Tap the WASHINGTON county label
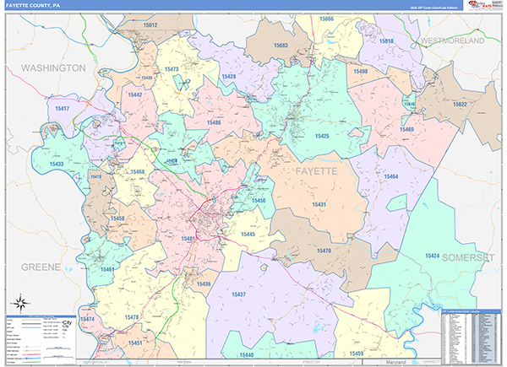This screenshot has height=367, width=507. [x=53, y=67]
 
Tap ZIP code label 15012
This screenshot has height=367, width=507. [x=150, y=25]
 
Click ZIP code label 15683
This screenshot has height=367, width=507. [x=281, y=45]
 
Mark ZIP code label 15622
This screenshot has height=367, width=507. [x=459, y=104]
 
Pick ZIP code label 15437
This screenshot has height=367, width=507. [x=237, y=294]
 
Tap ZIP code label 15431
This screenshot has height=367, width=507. [x=319, y=205]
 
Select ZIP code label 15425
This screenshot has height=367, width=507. [x=322, y=135]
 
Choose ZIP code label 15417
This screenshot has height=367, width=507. [x=62, y=109]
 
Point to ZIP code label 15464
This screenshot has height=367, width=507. [x=390, y=176]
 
